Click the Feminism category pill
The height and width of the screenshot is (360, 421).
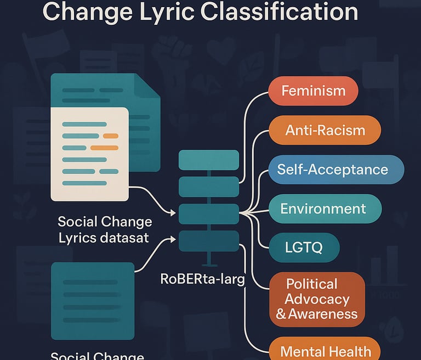(x=313, y=91)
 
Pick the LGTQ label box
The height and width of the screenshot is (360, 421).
(x=304, y=248)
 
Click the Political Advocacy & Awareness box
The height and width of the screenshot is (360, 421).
(x=317, y=299)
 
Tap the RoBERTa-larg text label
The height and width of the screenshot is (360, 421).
(x=202, y=278)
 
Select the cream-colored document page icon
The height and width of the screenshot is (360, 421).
(x=89, y=154)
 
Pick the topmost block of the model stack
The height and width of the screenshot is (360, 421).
(x=209, y=160)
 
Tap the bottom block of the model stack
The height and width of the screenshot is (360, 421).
(x=209, y=240)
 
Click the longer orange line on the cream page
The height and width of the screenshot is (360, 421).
(x=104, y=148)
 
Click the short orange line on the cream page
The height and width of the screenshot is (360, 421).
(x=111, y=136)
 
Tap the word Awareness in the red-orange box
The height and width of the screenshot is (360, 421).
(x=324, y=314)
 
